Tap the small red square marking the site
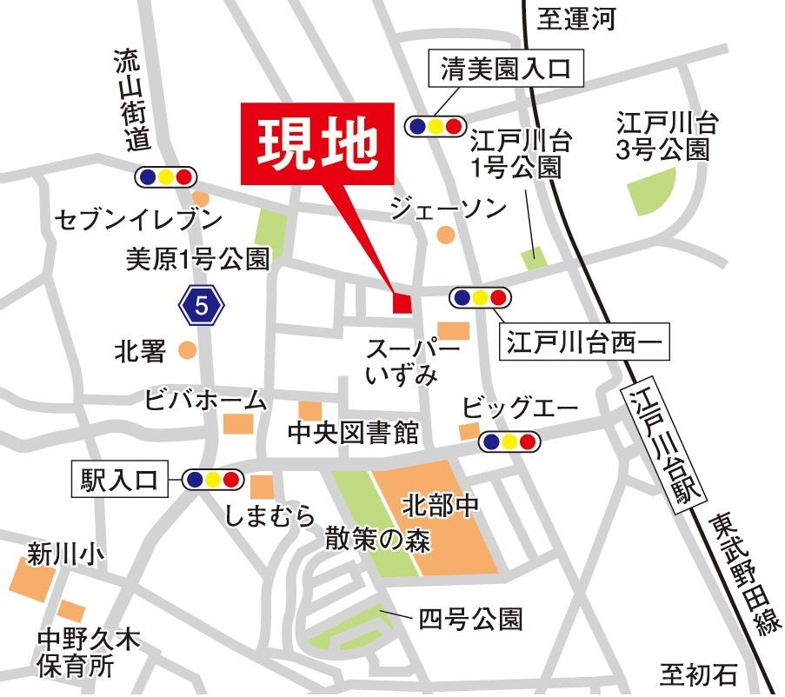[x=402, y=303]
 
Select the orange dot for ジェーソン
[x=445, y=235]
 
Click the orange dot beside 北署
[x=186, y=350]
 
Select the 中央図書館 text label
[x=342, y=432]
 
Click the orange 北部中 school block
[x=438, y=521]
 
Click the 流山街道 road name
[x=132, y=98]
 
